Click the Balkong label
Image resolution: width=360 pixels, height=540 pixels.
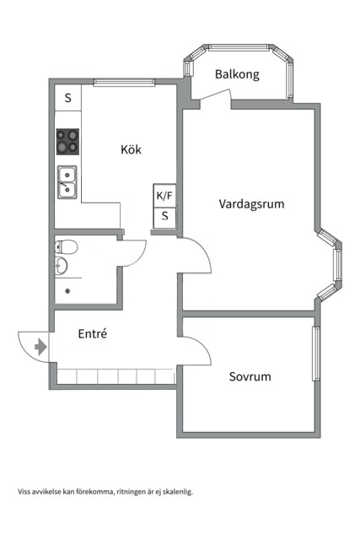(237, 74)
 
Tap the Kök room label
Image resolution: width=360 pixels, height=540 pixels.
(131, 149)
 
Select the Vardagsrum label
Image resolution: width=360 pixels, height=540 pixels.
(251, 203)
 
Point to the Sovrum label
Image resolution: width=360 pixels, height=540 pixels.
(250, 376)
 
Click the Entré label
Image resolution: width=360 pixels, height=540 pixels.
(92, 333)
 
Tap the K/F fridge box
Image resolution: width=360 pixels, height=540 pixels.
(164, 196)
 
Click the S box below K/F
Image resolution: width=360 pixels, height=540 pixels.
(164, 216)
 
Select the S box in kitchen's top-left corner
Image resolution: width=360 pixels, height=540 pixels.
(68, 97)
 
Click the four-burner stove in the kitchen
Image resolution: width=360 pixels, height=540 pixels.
(68, 141)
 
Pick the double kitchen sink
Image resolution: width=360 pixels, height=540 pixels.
(68, 181)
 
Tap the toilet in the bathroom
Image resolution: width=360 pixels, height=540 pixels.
(67, 247)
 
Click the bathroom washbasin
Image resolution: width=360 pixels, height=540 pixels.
(62, 267)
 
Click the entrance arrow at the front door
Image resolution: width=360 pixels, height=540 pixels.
(40, 346)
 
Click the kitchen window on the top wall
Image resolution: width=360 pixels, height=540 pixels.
(124, 82)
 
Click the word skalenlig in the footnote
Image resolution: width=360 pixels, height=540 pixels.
(176, 491)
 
